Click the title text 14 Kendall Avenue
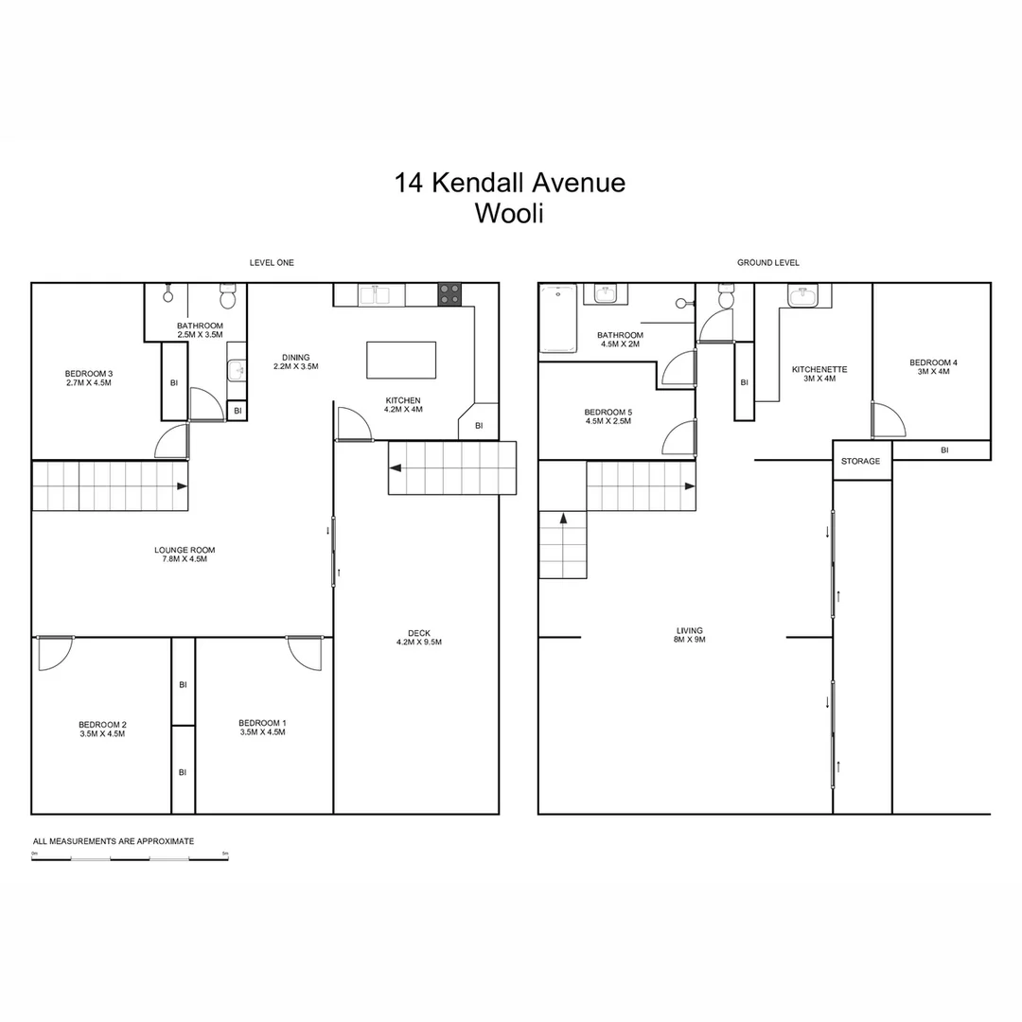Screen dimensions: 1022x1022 pos(510,182)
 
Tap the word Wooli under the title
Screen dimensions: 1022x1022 pos(509,213)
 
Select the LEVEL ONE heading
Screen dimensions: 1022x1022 pos(272,262)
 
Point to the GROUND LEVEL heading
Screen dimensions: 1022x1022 pos(768,262)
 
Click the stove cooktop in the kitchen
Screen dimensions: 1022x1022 pos(449,294)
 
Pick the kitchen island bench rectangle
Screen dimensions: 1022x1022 pos(402,360)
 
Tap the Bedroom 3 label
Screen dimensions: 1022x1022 pos(89,378)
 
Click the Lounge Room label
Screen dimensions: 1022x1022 pos(185,554)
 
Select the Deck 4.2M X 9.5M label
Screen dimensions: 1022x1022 pos(419,638)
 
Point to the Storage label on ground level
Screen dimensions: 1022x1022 pos(861,461)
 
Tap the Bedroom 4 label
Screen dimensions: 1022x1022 pos(933,367)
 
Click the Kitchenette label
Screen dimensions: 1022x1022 pos(819,374)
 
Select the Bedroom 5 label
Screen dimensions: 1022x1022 pos(608,416)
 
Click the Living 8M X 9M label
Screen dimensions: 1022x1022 pos(690,635)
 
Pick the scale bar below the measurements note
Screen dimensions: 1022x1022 pos(130,858)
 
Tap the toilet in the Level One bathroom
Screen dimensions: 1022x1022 pos(227,298)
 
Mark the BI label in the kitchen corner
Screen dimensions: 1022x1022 pos(479,426)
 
